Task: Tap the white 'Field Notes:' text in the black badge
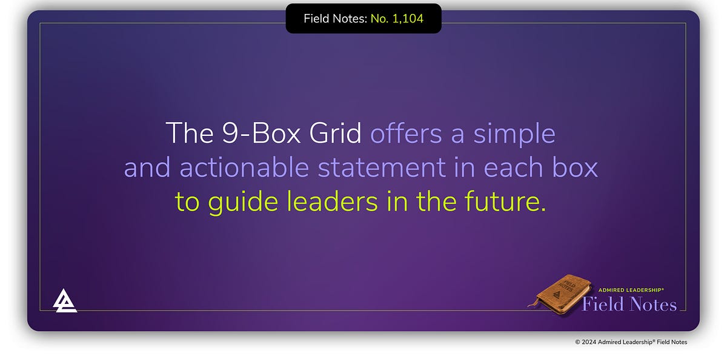(335, 18)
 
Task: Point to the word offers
(406, 133)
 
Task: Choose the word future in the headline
(502, 202)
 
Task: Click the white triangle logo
(65, 300)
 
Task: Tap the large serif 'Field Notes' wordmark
(629, 304)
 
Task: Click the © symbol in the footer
(577, 342)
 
